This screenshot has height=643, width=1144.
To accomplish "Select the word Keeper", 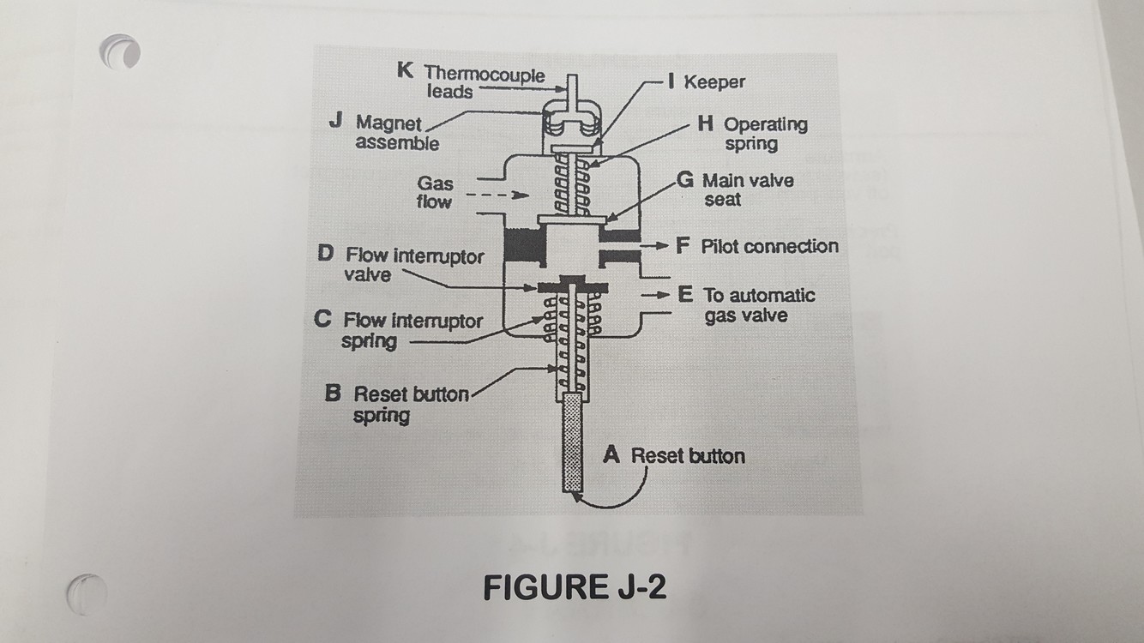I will (714, 82).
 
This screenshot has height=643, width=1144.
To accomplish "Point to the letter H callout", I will (706, 124).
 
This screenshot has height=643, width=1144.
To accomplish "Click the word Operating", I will (765, 124).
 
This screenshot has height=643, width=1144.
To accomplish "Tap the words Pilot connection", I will (769, 247).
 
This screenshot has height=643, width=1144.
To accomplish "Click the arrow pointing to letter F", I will (656, 247).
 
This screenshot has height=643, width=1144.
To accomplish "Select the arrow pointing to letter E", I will (656, 295).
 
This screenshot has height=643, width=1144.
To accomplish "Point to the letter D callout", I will (326, 255).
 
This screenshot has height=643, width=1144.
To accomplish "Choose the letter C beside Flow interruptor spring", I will (323, 320).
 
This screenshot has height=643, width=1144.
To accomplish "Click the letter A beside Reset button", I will (611, 455).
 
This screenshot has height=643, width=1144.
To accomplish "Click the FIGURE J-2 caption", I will (574, 588).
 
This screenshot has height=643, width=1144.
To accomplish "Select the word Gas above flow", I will (436, 183).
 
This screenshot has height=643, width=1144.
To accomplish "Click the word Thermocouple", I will (485, 75).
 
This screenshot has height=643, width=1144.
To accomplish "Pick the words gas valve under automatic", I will (745, 315).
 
